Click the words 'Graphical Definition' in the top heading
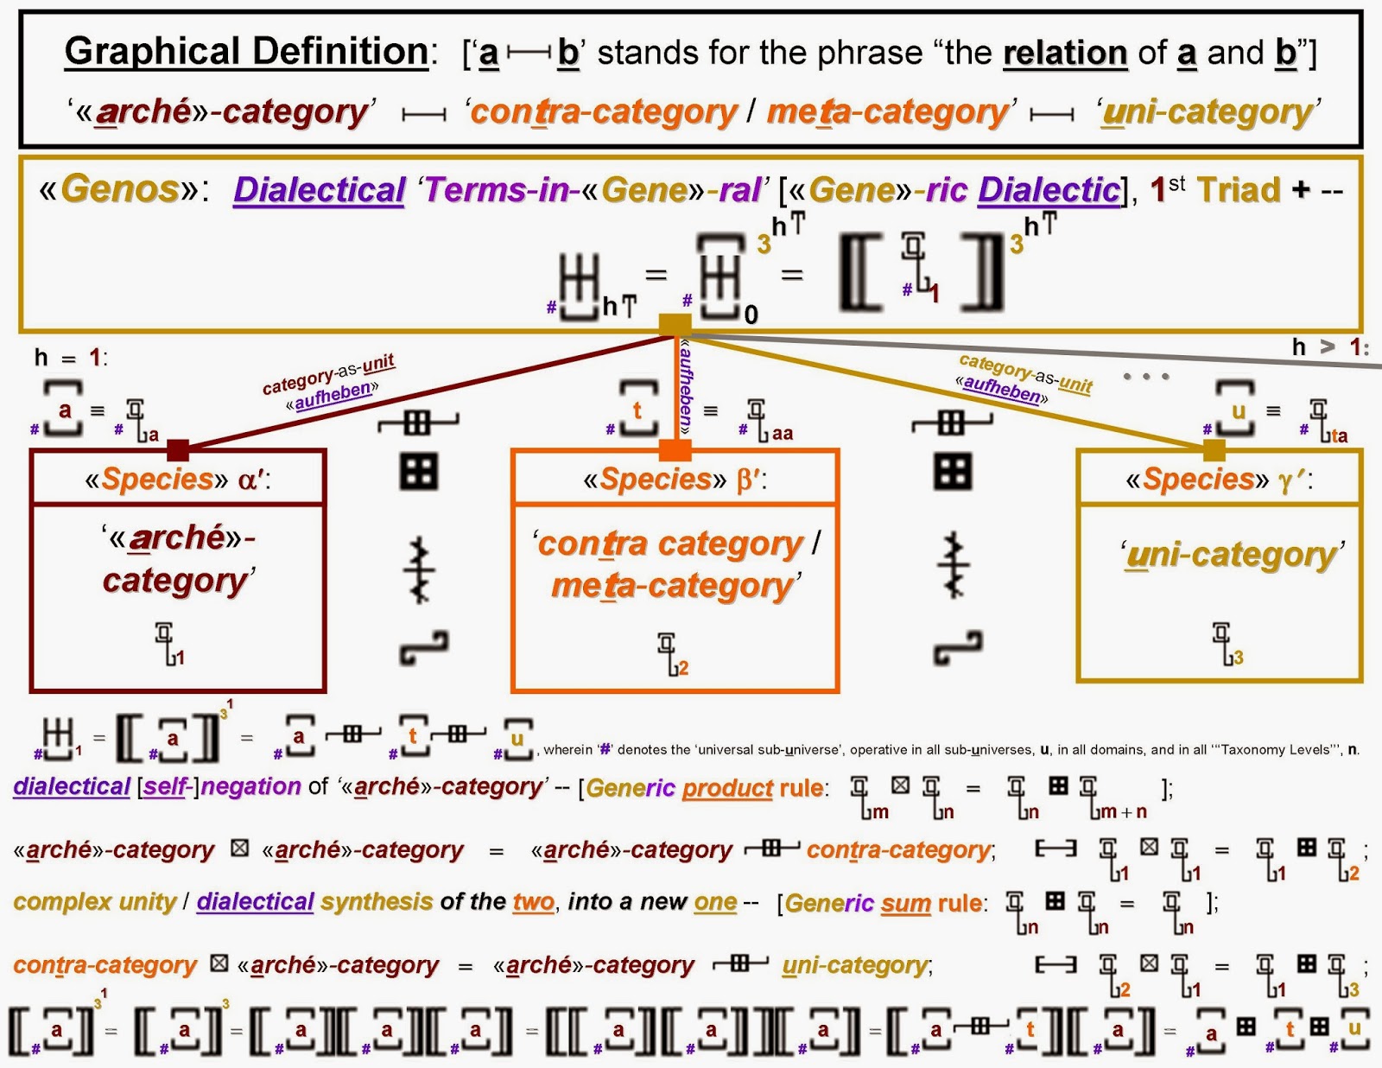click(246, 52)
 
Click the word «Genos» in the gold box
click(120, 188)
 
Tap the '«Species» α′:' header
click(177, 480)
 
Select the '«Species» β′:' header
click(675, 480)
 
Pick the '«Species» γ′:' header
click(1219, 480)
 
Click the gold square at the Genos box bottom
click(675, 324)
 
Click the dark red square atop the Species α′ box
click(178, 449)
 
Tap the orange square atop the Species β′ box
click(675, 449)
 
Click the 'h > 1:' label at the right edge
click(1330, 347)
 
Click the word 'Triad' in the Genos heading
click(1238, 190)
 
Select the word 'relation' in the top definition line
click(1065, 54)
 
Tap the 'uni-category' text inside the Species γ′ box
click(1233, 555)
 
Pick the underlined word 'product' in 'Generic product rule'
click(727, 788)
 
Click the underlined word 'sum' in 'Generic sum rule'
click(905, 903)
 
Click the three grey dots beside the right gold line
click(1146, 376)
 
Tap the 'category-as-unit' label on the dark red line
click(328, 373)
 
